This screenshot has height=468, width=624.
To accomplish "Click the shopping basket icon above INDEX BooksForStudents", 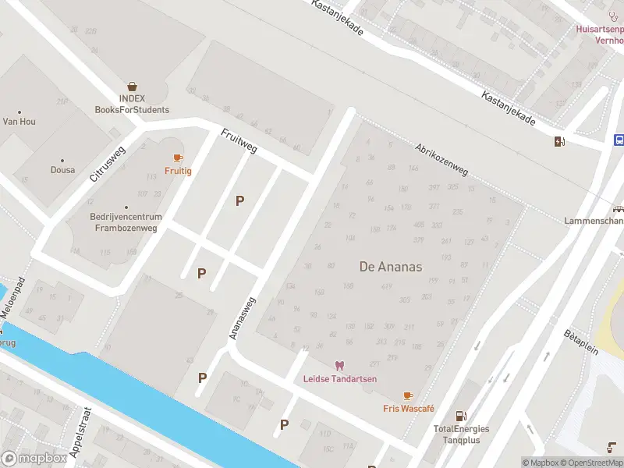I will pyautogui.click(x=133, y=87).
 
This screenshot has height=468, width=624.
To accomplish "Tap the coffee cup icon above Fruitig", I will pyautogui.click(x=178, y=158).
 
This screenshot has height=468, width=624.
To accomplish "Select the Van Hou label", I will pyautogui.click(x=19, y=122).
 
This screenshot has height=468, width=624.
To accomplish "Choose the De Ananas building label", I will pyautogui.click(x=390, y=267).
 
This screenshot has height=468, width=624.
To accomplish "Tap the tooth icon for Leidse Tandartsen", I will pyautogui.click(x=339, y=365).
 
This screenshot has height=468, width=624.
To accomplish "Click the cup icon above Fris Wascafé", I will pyautogui.click(x=408, y=396).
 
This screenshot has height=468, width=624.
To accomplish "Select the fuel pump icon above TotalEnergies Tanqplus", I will pyautogui.click(x=460, y=416).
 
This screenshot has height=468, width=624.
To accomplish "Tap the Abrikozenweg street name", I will pyautogui.click(x=441, y=159).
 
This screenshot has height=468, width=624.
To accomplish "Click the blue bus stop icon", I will pyautogui.click(x=619, y=140).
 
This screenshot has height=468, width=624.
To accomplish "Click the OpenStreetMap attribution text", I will pyautogui.click(x=590, y=463).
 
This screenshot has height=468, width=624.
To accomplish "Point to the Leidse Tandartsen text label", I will pyautogui.click(x=339, y=379).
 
